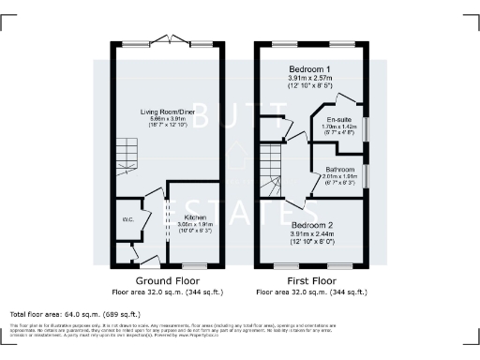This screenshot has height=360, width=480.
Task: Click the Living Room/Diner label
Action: [167, 112]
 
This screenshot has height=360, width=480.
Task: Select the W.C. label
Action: [128, 221]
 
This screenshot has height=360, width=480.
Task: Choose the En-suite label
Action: [338, 121]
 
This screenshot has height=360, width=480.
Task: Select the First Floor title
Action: [312, 280]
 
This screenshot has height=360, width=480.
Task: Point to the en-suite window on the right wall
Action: [367, 127]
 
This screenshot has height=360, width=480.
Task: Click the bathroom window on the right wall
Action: [367, 175]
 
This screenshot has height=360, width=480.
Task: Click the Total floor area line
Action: [75, 313]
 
